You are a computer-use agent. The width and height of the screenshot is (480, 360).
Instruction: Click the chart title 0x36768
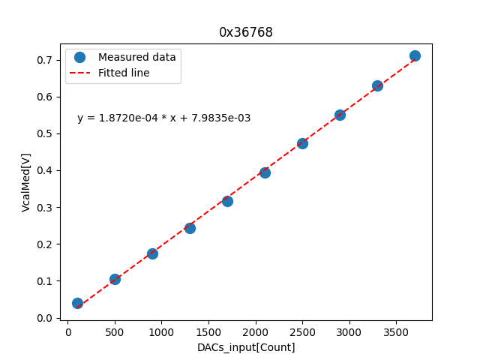(x=245, y=32)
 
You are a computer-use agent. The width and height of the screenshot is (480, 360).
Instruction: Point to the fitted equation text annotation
(x=163, y=118)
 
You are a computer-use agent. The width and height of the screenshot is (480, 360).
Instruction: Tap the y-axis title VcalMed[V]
(x=26, y=182)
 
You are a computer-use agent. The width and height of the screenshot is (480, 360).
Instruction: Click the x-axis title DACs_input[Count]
(x=246, y=347)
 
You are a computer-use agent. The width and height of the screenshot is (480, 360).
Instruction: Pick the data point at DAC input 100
(x=77, y=303)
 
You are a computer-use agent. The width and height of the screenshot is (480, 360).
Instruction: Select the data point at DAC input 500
(x=115, y=279)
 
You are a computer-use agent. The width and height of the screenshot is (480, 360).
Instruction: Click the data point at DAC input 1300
(x=190, y=228)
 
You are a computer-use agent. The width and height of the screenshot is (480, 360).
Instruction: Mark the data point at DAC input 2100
(x=265, y=172)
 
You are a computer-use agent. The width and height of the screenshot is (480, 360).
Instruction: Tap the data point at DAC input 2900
(x=340, y=115)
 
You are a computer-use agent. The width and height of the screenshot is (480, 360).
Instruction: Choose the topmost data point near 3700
(x=415, y=55)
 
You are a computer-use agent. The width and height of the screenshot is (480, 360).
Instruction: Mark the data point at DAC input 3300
(x=377, y=85)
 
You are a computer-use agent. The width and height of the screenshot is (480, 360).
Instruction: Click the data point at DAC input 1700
(x=227, y=201)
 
